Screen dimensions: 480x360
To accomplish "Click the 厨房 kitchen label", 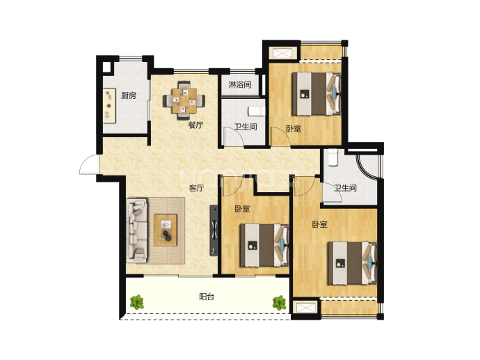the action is click(128, 95).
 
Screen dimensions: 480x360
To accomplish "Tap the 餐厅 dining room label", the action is click(195, 125).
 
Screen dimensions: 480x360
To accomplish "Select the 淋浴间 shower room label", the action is click(240, 84).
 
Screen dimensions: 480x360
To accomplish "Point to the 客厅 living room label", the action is click(196, 188).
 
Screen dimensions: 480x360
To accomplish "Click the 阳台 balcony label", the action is click(207, 297).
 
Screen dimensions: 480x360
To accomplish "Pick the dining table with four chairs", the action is click(184, 100).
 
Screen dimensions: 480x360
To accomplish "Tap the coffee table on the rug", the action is click(166, 230).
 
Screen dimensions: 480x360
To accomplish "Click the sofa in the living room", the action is click(137, 230).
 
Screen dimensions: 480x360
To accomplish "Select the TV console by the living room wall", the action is click(214, 230).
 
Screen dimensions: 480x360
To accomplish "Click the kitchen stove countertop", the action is click(109, 106).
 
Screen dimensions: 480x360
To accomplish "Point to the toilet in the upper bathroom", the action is click(256, 111).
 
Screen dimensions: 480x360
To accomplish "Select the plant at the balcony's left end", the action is click(136, 302).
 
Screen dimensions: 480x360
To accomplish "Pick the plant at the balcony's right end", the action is click(279, 303).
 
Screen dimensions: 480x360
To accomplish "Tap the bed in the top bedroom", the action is click(317, 94).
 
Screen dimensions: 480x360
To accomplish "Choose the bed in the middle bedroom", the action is click(264, 245).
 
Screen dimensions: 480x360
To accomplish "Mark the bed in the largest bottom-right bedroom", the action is click(352, 263).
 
